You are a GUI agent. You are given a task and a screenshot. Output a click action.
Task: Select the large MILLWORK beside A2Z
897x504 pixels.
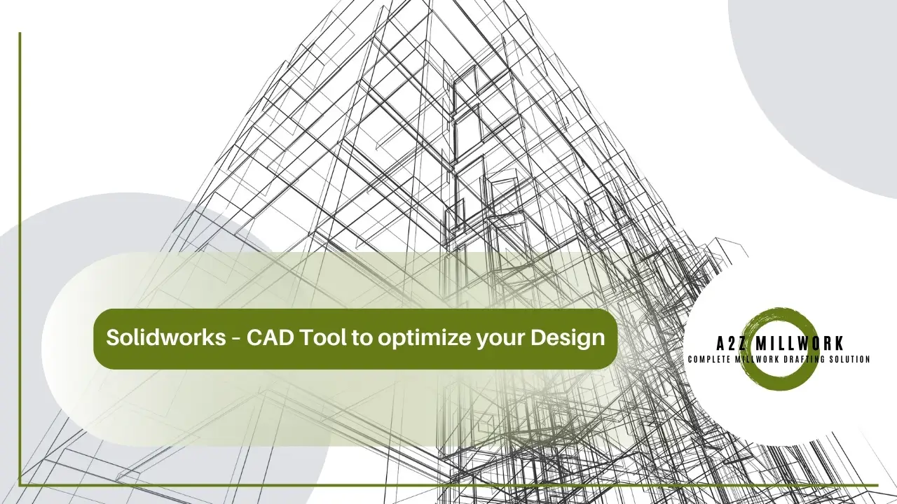804,344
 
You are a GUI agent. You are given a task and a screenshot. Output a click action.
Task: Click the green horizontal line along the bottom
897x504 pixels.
448,484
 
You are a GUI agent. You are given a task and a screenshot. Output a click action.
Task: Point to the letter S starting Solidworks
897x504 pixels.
111,339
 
